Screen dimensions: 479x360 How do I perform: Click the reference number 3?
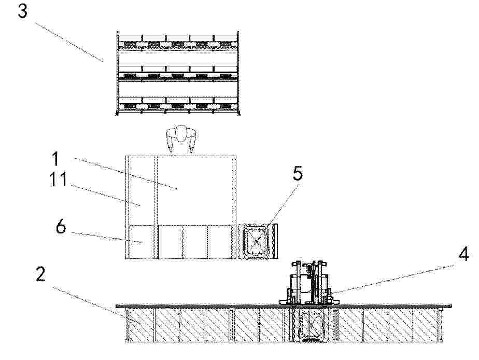tap(23, 11)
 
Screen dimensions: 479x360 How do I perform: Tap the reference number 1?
tap(55, 159)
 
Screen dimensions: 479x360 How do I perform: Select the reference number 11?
tap(58, 179)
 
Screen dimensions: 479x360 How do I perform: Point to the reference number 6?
tap(61, 227)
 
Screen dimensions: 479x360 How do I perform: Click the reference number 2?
tap(40, 274)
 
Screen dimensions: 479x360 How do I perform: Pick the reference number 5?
tap(298, 173)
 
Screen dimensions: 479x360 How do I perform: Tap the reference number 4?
tap(464, 254)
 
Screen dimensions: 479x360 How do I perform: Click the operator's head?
tap(181, 134)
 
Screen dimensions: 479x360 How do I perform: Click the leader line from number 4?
tap(392, 279)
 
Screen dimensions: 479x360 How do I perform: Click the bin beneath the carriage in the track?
tap(310, 325)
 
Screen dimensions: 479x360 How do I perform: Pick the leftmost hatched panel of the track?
tap(141, 325)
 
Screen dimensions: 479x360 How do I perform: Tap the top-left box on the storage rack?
tap(131, 38)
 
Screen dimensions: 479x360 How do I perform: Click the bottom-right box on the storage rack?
tap(226, 100)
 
